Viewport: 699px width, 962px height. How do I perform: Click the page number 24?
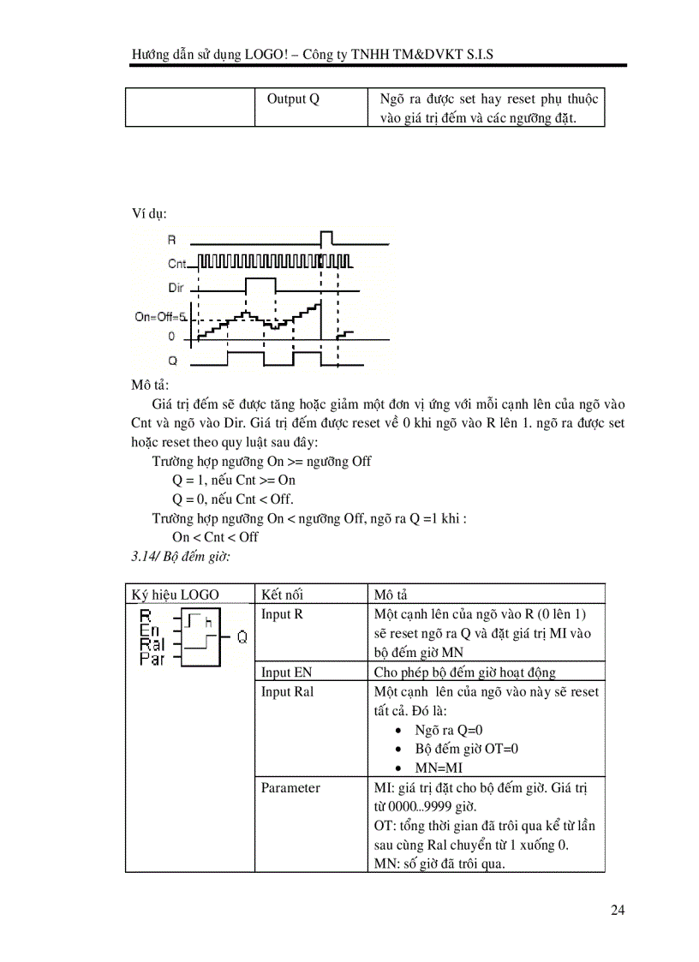[618, 910]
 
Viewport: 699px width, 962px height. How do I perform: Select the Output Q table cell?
[293, 99]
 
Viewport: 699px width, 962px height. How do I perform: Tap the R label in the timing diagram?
[172, 241]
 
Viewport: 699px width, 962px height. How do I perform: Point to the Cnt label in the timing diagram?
[177, 264]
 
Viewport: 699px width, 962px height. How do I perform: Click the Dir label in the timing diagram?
[176, 288]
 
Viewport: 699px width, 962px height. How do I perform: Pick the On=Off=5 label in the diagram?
[160, 317]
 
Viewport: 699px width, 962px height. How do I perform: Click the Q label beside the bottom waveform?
[172, 361]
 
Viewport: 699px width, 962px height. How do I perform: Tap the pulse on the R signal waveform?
[326, 236]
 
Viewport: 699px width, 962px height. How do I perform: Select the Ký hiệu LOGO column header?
[175, 595]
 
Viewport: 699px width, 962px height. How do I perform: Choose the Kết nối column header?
[282, 595]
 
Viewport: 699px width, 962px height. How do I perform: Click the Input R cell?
[282, 614]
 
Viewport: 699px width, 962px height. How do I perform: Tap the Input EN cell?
[286, 672]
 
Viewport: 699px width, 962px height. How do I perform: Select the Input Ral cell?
[287, 691]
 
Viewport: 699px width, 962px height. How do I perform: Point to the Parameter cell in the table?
[290, 787]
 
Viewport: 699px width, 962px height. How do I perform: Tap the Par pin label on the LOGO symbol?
[152, 659]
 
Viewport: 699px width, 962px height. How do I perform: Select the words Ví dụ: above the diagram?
[149, 212]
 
